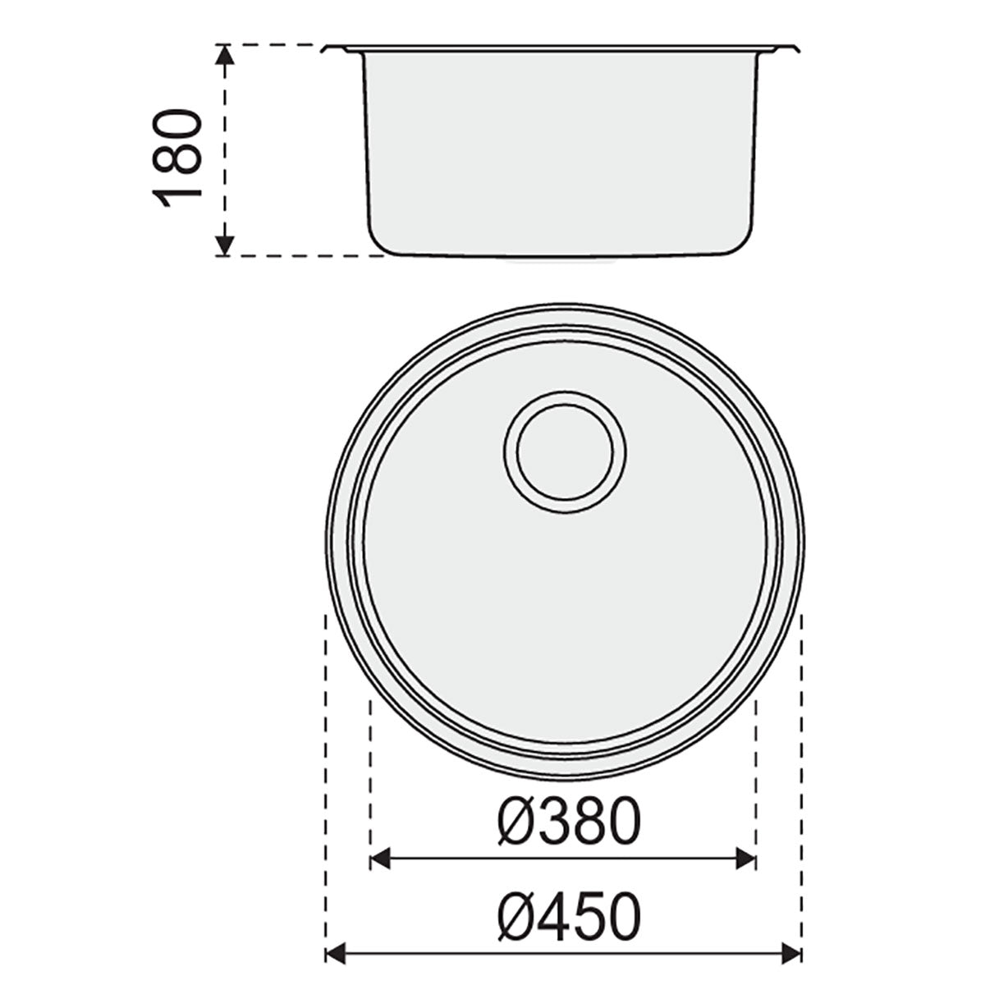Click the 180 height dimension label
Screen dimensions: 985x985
176,158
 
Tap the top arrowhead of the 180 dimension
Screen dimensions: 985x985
224,54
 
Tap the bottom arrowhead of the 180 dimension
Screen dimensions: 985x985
224,246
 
